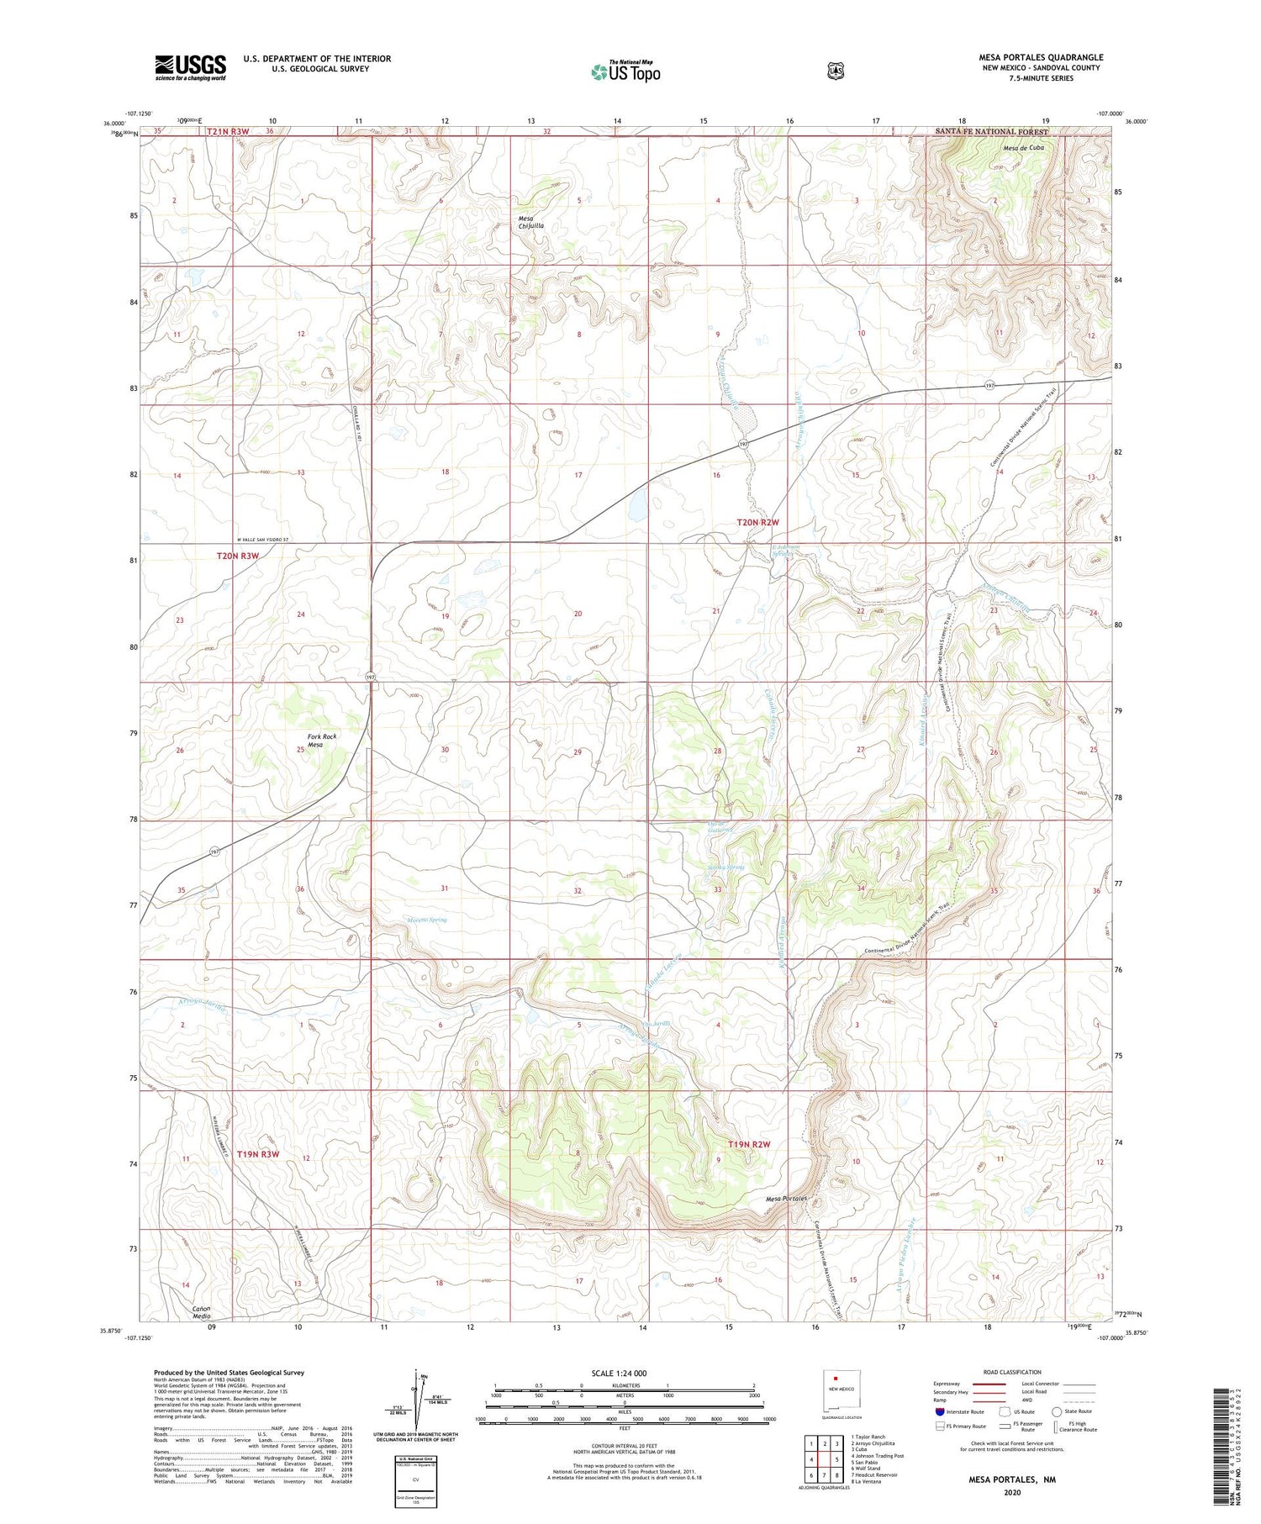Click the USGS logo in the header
(x=190, y=66)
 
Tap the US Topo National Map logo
(x=625, y=71)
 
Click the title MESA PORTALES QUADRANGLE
(x=1040, y=57)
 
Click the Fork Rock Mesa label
(x=321, y=741)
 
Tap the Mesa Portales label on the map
(x=786, y=1199)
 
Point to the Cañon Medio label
(x=201, y=1313)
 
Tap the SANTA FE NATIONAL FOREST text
(x=992, y=132)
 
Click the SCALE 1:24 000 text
(x=624, y=1374)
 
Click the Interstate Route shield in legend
(x=939, y=1411)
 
